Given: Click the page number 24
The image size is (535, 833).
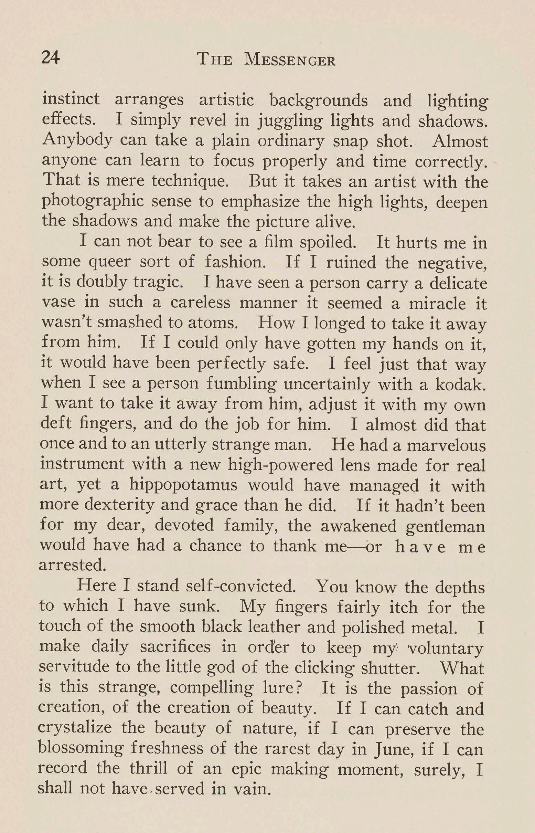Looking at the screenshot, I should tap(50, 57).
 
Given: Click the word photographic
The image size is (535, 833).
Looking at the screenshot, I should tap(93, 202).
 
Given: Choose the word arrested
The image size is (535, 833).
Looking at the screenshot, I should tap(72, 565).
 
